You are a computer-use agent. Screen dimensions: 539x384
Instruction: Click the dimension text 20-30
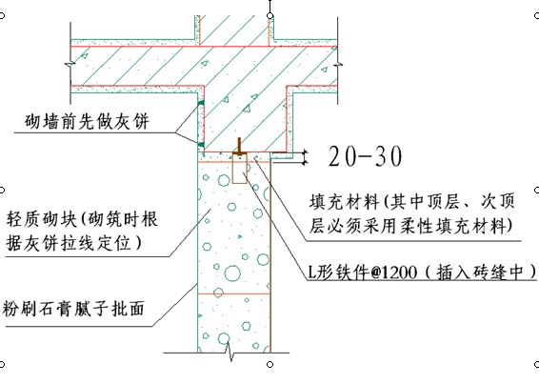[365, 156]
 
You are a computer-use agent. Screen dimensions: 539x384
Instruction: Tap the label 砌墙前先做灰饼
[87, 121]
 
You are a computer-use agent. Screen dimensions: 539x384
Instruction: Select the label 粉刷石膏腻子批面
[73, 308]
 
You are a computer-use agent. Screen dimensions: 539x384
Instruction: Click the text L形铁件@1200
[362, 273]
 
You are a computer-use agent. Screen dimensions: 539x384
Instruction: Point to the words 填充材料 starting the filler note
[344, 202]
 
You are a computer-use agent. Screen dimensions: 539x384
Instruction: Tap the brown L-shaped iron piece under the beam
[239, 147]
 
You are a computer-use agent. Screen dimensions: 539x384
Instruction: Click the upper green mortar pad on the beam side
[201, 103]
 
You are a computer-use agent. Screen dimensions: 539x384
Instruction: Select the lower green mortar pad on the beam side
[201, 145]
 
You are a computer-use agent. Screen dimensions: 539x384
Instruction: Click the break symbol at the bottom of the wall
[230, 352]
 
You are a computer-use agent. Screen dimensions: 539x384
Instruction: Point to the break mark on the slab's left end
[70, 65]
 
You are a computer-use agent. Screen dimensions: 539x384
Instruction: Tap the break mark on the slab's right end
[337, 65]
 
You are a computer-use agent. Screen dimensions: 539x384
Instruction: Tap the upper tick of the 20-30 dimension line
[304, 152]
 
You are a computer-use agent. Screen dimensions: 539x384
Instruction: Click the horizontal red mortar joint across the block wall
[234, 293]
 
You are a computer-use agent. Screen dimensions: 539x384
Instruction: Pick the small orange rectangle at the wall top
[240, 169]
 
